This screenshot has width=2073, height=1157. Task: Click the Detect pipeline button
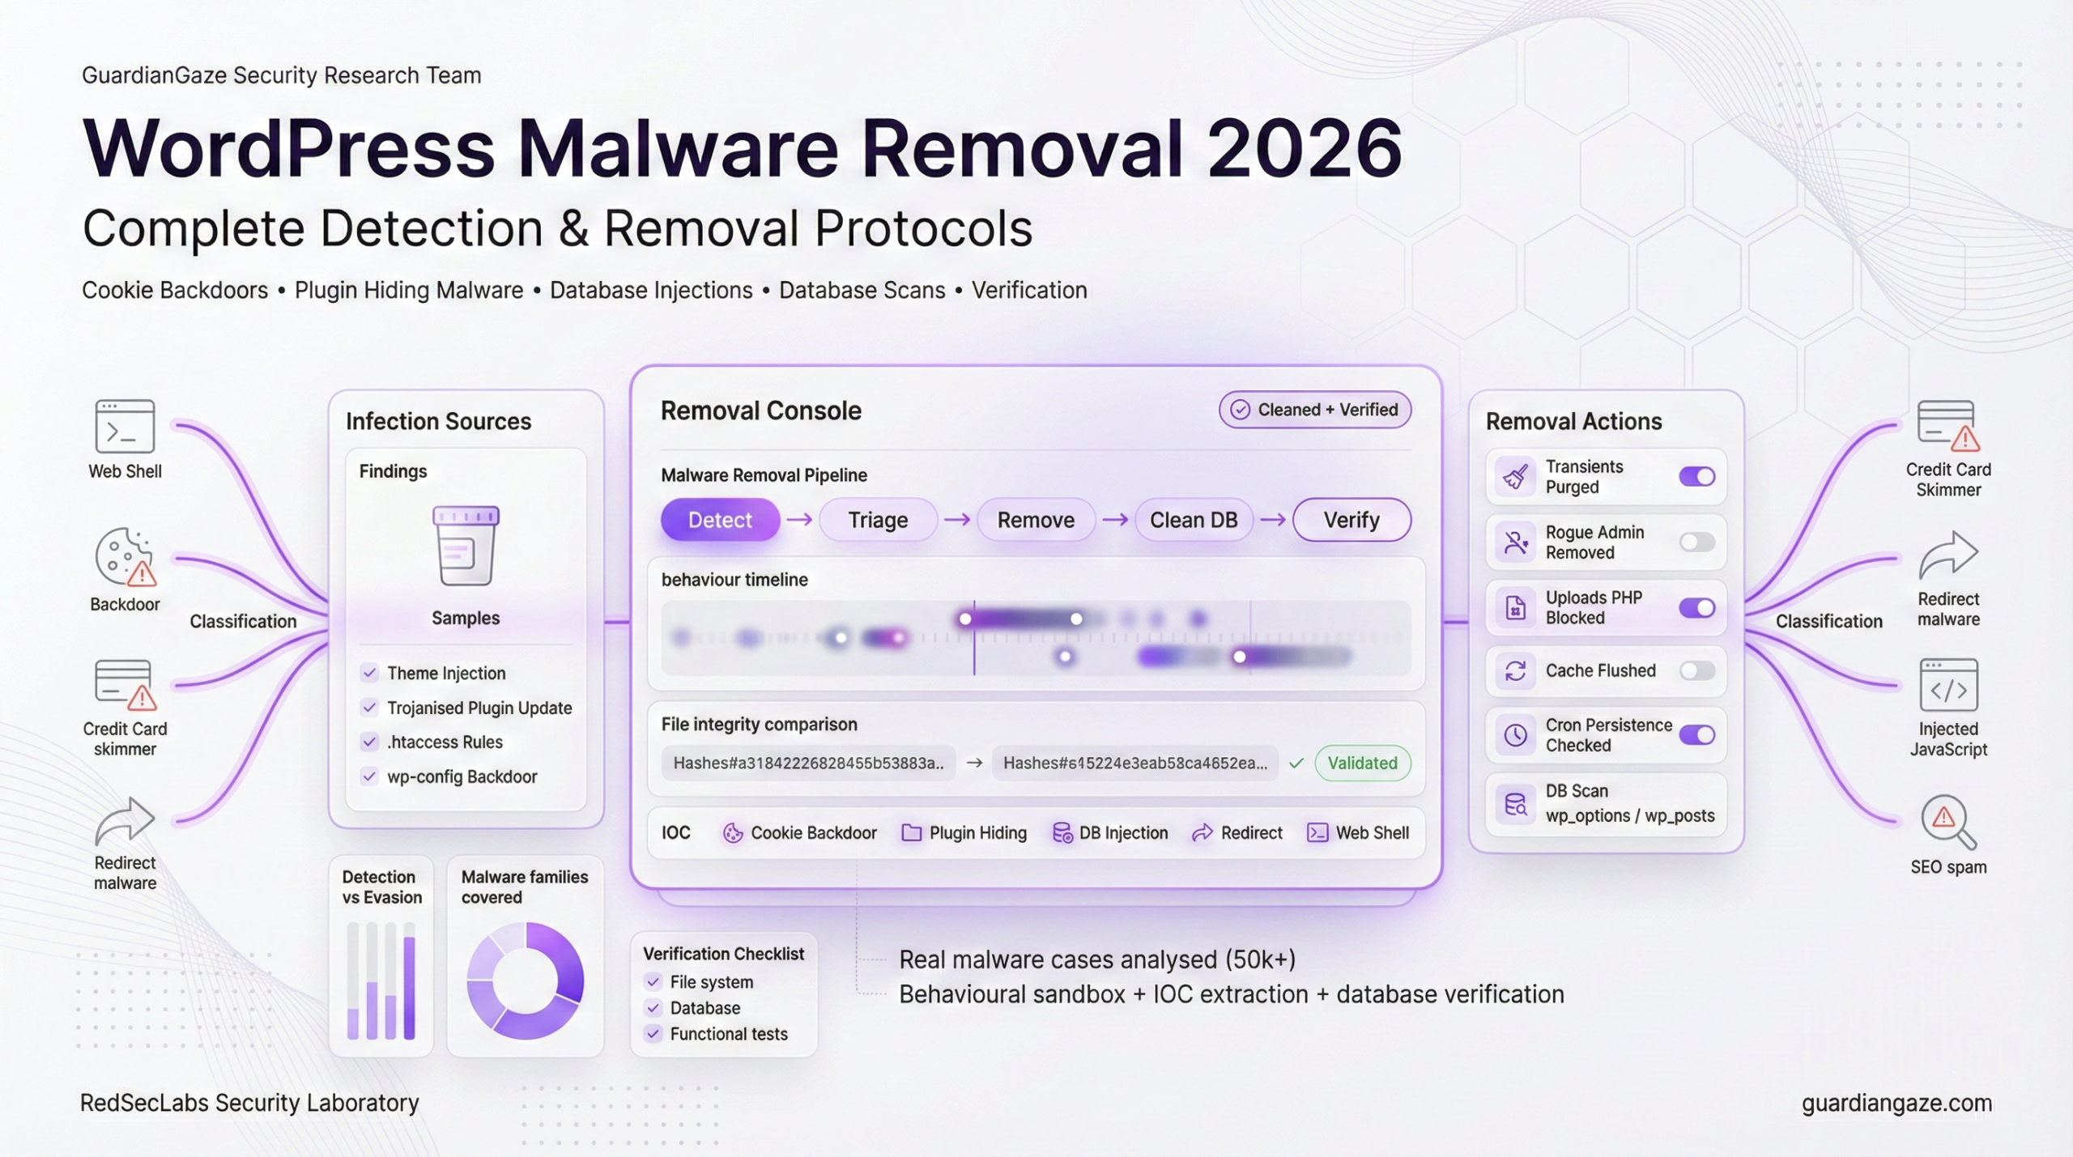[720, 520]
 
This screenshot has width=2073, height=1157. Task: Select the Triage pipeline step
[878, 520]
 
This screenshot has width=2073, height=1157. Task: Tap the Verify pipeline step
[1351, 520]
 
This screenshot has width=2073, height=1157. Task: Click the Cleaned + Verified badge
[1315, 410]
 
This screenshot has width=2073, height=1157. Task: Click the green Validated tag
[1362, 763]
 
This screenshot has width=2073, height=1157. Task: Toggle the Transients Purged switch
[1696, 477]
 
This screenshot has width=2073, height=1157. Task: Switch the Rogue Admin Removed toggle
[1696, 542]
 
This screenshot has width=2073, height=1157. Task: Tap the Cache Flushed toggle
[1696, 670]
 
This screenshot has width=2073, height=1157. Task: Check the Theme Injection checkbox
[369, 673]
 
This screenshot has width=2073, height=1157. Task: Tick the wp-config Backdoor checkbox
[369, 776]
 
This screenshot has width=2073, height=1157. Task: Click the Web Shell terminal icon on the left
[125, 426]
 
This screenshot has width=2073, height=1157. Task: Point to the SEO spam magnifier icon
[1947, 821]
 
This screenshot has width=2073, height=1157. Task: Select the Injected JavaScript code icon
[1948, 687]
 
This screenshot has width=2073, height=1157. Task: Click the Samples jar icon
[466, 546]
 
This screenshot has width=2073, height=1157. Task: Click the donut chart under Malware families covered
[526, 980]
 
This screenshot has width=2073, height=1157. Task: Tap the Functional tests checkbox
[653, 1034]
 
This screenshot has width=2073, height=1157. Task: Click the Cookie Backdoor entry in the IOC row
[800, 833]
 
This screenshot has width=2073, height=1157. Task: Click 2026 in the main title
[1304, 148]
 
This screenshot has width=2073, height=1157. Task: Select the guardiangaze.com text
[1896, 1103]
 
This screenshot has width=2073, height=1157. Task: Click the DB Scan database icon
[1515, 804]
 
